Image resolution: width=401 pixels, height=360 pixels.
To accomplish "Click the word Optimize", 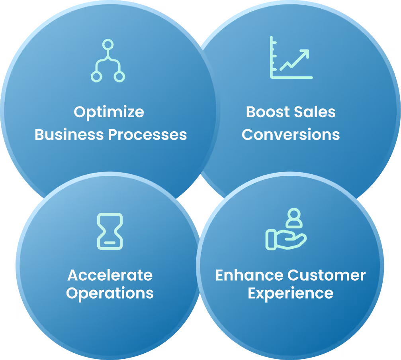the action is tap(109, 112).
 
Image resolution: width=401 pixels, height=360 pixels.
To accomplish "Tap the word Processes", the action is tap(148, 135).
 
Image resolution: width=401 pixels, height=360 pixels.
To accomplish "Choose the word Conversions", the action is tap(291, 135).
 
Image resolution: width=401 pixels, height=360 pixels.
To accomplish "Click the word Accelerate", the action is tap(110, 275).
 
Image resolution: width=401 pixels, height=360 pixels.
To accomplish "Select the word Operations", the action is tap(110, 293).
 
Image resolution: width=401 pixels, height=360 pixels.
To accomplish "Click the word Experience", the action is tap(291, 293).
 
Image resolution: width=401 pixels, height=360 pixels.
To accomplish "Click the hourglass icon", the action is tap(110, 231).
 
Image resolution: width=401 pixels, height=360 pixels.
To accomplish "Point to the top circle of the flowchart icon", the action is tap(108, 45).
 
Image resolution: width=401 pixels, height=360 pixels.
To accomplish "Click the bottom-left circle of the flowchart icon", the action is tap(96, 76).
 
